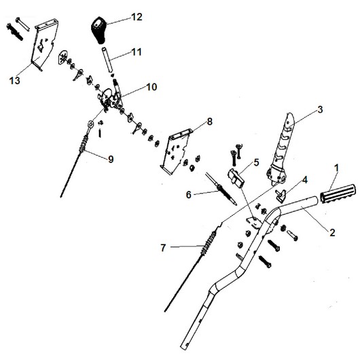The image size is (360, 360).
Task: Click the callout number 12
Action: coord(137,17)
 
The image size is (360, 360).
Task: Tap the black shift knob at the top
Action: coord(98,30)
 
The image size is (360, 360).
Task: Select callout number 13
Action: coord(15,81)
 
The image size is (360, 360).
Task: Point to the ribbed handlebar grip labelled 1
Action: coord(337,194)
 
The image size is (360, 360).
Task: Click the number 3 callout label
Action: coord(320,109)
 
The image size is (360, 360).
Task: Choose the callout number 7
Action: coord(163,248)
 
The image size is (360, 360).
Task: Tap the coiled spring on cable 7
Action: coord(209,243)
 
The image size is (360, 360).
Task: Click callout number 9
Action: coord(111,159)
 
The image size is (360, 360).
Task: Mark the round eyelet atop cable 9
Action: coord(90,124)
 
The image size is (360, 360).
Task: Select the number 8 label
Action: coord(210,122)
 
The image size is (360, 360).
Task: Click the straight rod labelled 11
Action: coord(107,60)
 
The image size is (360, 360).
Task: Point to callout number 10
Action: coord(151,87)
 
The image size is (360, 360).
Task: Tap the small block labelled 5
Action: coord(236,179)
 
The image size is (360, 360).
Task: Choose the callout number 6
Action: coord(189,195)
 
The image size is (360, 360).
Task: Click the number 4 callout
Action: coord(305,180)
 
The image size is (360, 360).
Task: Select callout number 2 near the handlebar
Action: coord(332,232)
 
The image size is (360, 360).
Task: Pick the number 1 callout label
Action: coord(336,168)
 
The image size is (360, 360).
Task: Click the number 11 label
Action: coord(137,52)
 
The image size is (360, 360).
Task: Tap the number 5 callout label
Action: coord(256,162)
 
